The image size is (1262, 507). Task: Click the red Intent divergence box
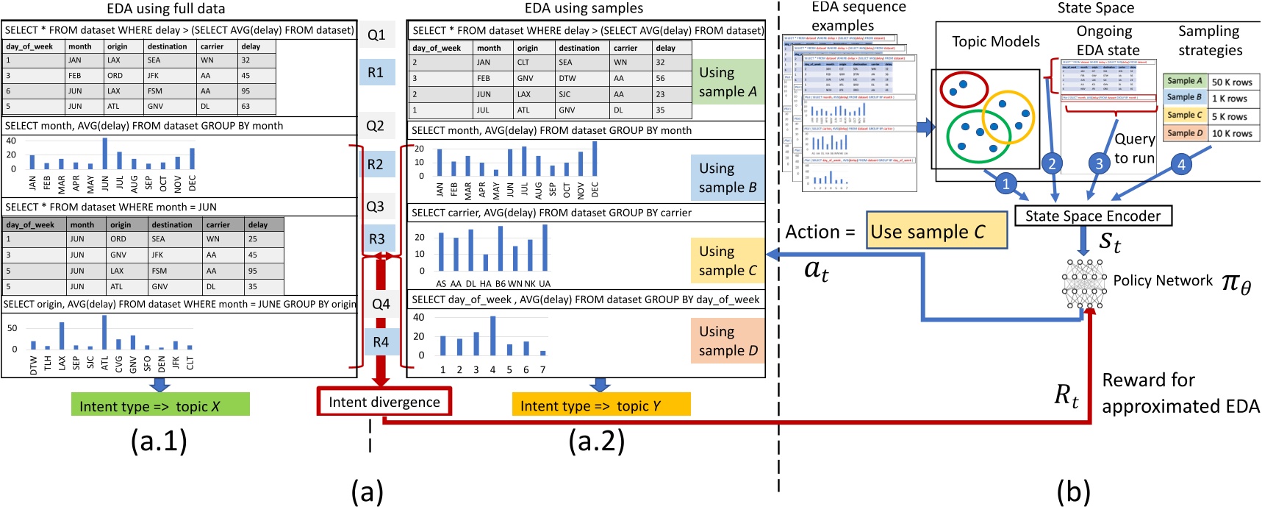[384, 402]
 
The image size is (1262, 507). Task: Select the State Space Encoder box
[1093, 216]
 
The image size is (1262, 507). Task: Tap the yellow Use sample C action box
[936, 232]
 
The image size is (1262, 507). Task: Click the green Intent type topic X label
[160, 405]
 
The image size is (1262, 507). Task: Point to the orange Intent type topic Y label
[600, 405]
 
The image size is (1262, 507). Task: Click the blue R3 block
[377, 238]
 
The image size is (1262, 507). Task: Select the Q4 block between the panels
[381, 304]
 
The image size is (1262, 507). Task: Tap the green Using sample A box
[728, 82]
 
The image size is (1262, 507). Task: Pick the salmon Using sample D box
[728, 341]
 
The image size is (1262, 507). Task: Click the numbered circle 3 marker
[1099, 163]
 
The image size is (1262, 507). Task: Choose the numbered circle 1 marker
[1006, 184]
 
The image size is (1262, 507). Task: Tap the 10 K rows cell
[1232, 133]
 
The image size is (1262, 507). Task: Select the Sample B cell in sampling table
[1184, 98]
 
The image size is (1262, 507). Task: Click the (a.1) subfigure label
[159, 441]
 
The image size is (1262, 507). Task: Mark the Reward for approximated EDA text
[1180, 393]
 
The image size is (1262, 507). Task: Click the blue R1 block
[376, 72]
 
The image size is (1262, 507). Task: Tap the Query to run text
[1134, 148]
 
